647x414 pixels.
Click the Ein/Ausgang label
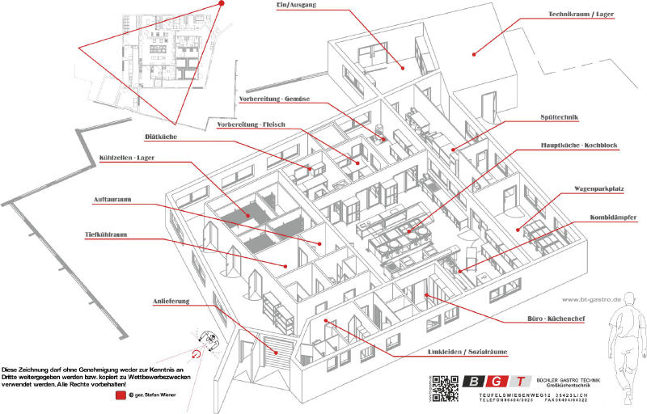[x=295, y=6]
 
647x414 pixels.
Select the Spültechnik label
[x=559, y=118]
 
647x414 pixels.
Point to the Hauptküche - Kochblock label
[x=579, y=146]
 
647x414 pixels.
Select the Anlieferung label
[x=171, y=302]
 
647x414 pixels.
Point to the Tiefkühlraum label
[x=108, y=235]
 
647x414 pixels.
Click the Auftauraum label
[x=112, y=199]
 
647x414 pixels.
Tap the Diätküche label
[x=161, y=137]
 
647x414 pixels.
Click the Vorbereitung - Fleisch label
[x=252, y=125]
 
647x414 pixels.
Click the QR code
[x=444, y=388]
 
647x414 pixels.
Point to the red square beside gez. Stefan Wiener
[x=120, y=395]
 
